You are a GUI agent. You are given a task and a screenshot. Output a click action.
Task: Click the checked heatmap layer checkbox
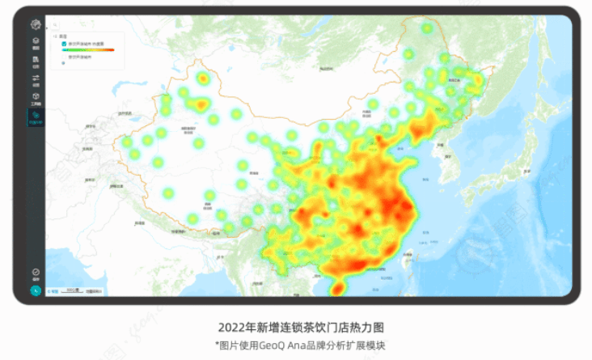[64, 44]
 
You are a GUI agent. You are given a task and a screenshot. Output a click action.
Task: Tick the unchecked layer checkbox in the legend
[64, 58]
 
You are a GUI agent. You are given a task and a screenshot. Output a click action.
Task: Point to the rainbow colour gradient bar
[90, 50]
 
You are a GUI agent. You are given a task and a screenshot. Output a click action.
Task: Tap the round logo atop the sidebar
[36, 25]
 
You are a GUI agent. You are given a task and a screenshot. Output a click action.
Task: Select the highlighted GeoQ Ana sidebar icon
[36, 116]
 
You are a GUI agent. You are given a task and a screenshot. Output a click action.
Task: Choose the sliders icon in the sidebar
[36, 78]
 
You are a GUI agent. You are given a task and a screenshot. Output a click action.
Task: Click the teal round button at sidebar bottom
[36, 290]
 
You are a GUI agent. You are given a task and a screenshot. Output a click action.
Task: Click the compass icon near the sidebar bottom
[36, 273]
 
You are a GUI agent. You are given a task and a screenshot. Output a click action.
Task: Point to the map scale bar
[73, 289]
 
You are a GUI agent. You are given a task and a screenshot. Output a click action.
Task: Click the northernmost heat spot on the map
[426, 29]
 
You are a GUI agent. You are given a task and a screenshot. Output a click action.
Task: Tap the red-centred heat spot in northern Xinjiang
[201, 78]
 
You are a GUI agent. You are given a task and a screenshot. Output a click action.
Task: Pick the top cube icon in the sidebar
[36, 41]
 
